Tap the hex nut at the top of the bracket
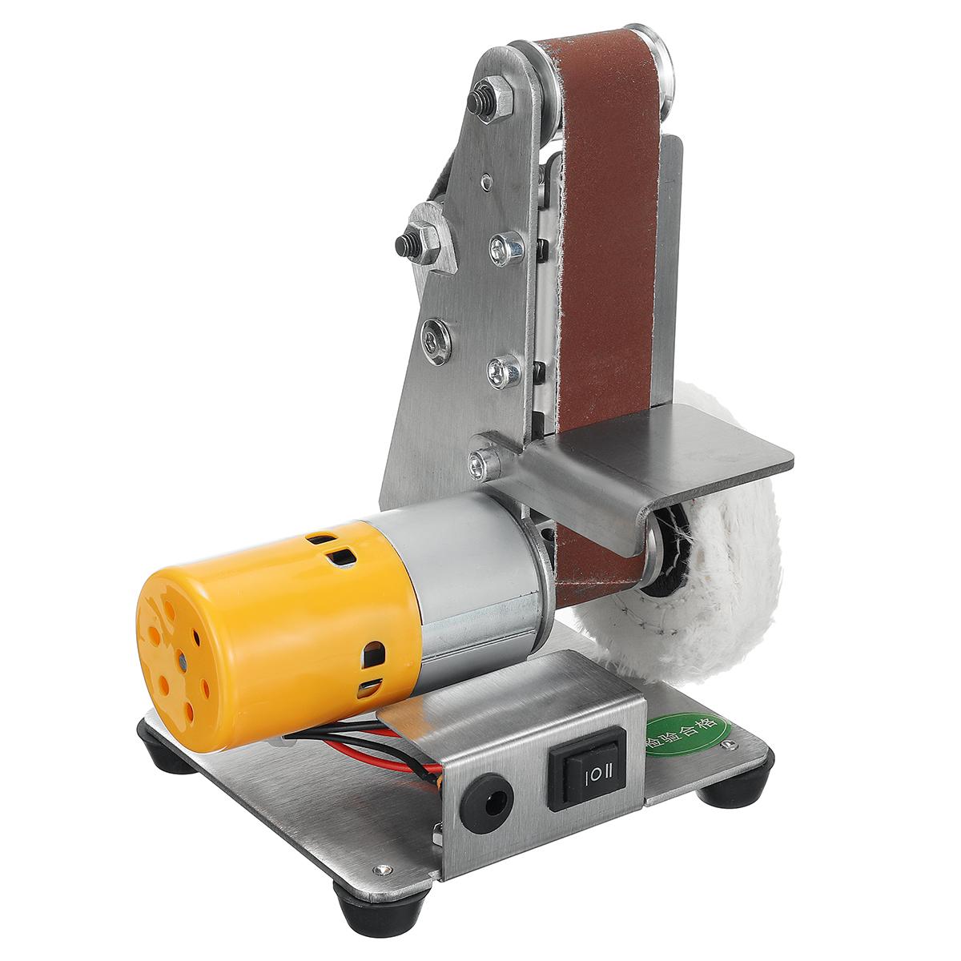pos(491,99)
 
